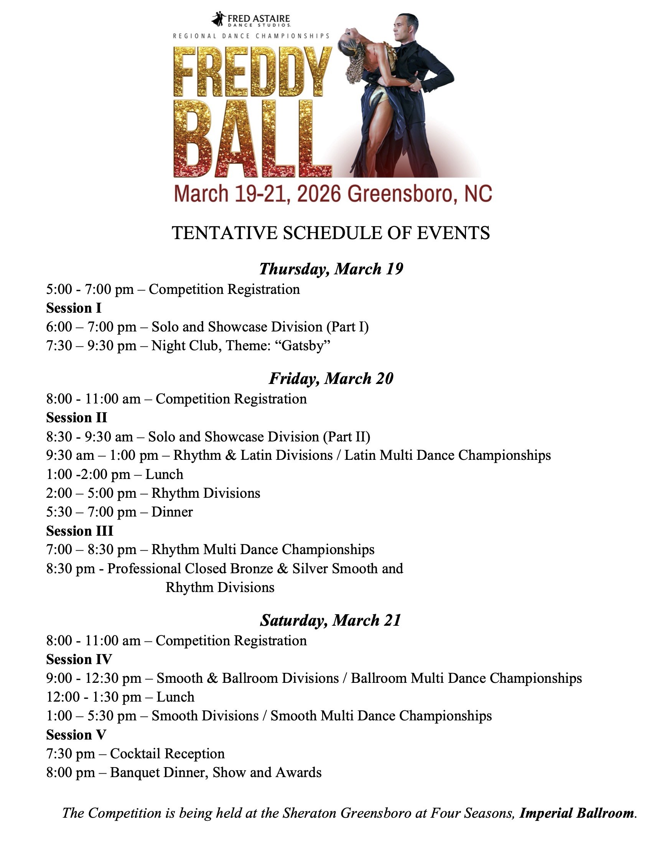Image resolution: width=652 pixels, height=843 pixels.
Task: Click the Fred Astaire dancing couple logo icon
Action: pos(219,19)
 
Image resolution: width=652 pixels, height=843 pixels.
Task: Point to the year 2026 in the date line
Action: pos(319,194)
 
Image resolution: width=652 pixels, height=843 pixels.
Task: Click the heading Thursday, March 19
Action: pos(331,269)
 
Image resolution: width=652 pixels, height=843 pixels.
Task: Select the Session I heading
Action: pos(74,308)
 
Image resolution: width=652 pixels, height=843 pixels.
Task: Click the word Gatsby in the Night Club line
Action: pos(306,346)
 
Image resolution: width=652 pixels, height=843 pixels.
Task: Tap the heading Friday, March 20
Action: pos(331,379)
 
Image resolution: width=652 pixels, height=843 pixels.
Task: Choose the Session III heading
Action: pos(79,531)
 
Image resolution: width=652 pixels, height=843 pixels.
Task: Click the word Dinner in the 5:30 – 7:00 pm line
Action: pos(172,512)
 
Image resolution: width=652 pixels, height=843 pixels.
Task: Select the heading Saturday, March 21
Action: pos(331,620)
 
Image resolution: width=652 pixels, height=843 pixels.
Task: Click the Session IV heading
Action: pos(79,659)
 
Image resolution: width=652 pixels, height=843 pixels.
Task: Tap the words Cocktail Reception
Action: pos(167,753)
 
